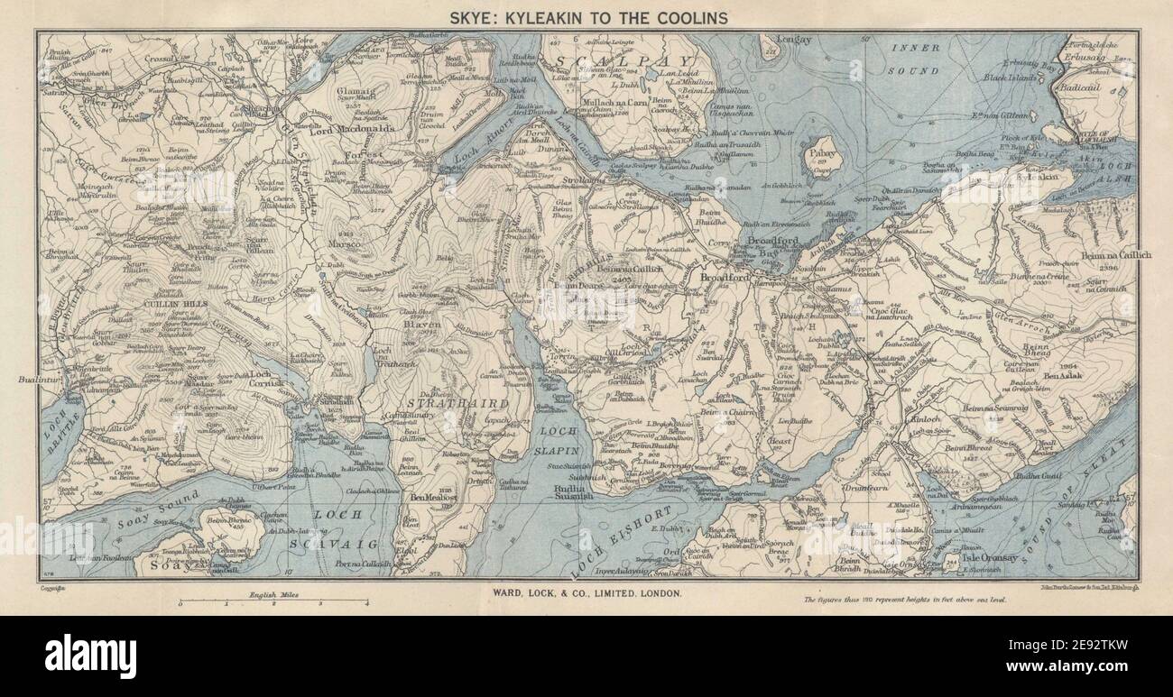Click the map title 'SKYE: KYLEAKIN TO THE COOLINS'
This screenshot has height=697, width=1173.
586,17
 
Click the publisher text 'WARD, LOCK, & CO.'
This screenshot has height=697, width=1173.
586,592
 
